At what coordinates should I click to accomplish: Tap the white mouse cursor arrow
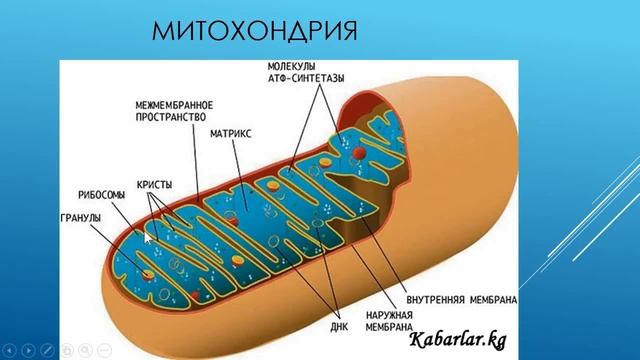click(x=149, y=236)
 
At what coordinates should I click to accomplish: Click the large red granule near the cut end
click(x=150, y=272)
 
